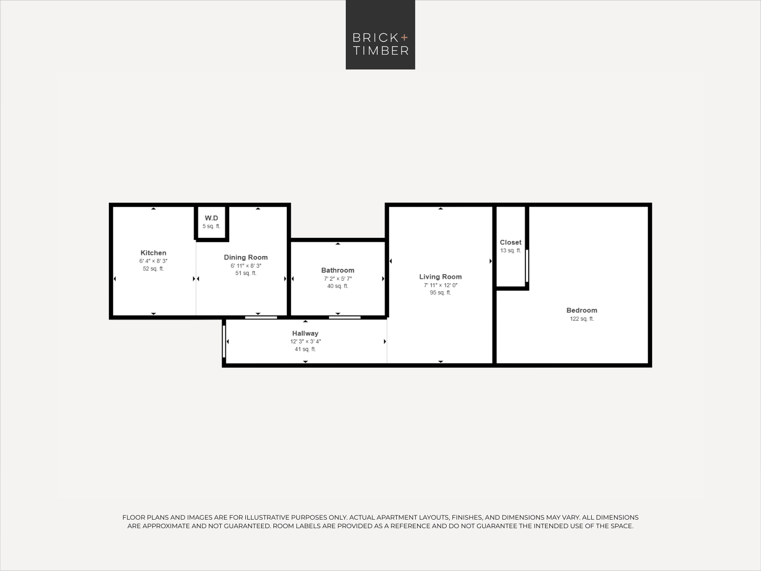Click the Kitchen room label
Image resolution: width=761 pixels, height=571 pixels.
tap(153, 253)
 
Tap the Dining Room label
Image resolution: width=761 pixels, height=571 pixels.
tap(246, 257)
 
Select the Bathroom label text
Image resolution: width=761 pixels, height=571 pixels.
tap(338, 270)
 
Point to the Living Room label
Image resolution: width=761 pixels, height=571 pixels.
tap(440, 276)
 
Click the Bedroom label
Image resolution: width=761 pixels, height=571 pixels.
tap(582, 310)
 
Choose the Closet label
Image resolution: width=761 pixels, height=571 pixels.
tap(511, 242)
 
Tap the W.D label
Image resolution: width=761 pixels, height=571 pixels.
tap(212, 218)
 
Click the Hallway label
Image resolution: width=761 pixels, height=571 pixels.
tap(305, 333)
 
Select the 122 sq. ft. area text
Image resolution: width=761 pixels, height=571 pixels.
tap(582, 319)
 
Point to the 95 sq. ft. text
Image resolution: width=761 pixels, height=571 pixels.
tap(440, 293)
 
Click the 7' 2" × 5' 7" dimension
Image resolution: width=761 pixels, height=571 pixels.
tap(338, 279)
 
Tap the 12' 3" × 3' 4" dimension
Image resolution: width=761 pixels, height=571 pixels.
tap(305, 342)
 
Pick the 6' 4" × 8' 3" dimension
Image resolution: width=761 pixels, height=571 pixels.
tap(153, 261)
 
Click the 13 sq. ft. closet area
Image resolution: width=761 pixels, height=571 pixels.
tap(511, 251)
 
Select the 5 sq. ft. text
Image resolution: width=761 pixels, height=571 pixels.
tap(212, 226)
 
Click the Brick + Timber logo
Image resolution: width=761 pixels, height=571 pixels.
tap(380, 35)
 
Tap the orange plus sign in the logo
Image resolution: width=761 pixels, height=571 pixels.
tap(404, 37)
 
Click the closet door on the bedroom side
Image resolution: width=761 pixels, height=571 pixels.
tap(527, 266)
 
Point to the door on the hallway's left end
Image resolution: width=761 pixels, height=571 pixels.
tap(224, 342)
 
